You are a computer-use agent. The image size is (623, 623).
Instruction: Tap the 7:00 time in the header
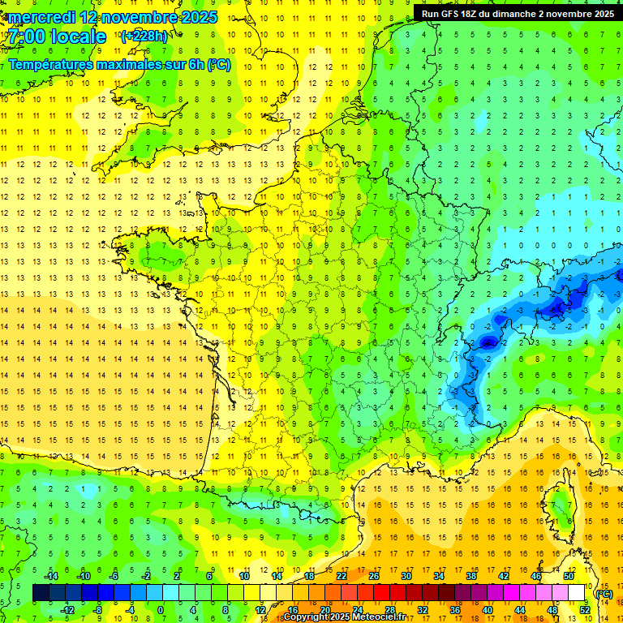pos(27,37)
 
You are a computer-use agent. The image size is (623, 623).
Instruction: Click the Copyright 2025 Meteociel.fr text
pos(344,617)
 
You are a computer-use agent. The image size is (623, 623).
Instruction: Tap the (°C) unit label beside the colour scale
pos(604,594)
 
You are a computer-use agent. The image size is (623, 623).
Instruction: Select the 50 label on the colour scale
pos(569,576)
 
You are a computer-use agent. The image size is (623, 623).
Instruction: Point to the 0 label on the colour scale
pos(160,609)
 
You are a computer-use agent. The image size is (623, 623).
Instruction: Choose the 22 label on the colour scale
pos(342,576)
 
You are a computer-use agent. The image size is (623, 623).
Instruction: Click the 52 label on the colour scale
pos(585,609)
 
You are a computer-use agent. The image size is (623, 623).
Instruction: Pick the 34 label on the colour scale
pos(439,576)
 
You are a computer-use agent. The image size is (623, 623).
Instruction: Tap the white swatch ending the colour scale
pos(577,593)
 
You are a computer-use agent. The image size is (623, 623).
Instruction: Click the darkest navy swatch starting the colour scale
pos(41,593)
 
